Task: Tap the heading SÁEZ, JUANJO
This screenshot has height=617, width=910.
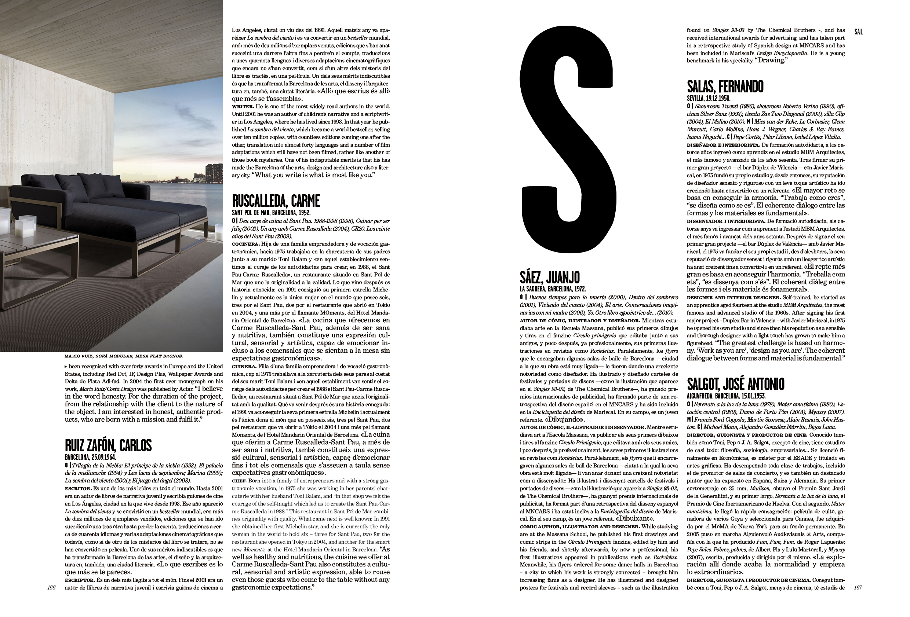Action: click(x=550, y=278)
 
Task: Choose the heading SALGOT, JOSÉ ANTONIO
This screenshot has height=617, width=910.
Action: click(x=735, y=384)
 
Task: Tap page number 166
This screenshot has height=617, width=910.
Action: click(x=51, y=588)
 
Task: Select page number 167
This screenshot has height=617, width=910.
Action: click(x=858, y=588)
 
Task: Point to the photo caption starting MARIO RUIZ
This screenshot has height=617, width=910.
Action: click(x=123, y=356)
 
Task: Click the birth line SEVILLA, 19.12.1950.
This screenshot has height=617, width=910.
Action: click(x=708, y=98)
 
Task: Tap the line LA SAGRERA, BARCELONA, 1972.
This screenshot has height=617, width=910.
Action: click(x=553, y=289)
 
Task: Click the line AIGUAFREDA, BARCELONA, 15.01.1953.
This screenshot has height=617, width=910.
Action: click(x=726, y=396)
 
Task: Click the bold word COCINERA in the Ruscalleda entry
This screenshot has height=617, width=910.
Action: click(x=243, y=244)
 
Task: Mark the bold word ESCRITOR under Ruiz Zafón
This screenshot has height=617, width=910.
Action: click(x=77, y=489)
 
